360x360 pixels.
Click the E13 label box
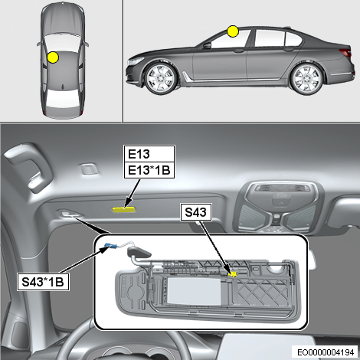coord(149,154)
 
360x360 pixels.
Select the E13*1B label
coord(149,170)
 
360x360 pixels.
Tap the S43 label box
coord(196,212)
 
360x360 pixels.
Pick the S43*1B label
coord(43,282)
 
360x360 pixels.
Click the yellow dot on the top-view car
coord(53,57)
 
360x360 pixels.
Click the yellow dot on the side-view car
coord(233,31)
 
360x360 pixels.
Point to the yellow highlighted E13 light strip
coord(124,210)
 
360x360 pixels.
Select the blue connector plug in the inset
coord(111,246)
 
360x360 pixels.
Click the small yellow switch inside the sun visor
coord(232,274)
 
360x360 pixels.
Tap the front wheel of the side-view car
coord(161,78)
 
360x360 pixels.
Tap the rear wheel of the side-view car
coord(307,78)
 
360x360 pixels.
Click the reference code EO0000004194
coord(326,352)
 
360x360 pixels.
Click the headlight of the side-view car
coord(136,61)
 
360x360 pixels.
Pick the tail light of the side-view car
coord(345,52)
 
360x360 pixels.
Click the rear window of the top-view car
coord(63,97)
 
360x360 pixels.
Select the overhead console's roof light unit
coord(278,207)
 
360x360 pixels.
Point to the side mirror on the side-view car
coord(207,46)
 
